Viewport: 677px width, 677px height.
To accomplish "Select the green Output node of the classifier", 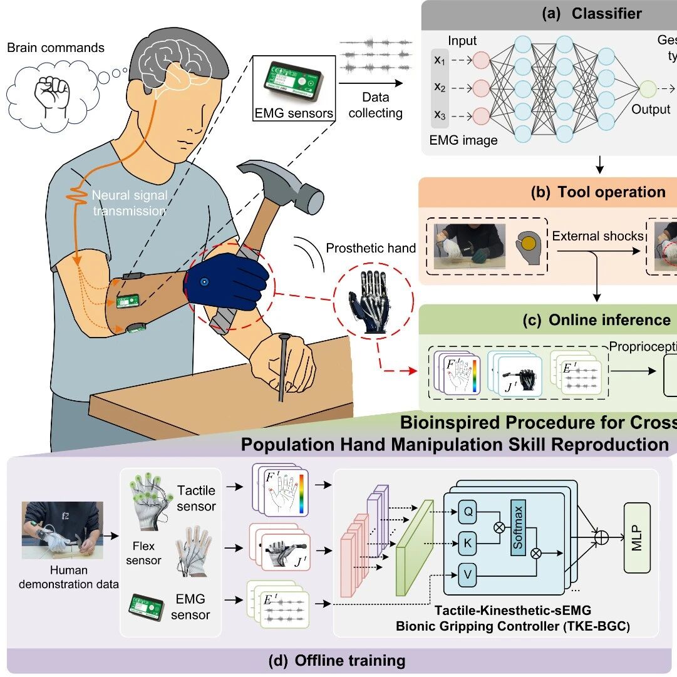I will tap(647, 89).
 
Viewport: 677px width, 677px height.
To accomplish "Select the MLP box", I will tap(637, 538).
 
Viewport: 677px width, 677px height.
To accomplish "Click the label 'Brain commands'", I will tap(56, 48).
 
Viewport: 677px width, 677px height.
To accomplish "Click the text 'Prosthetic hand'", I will tap(371, 248).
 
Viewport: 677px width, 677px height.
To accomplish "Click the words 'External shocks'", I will tap(597, 236).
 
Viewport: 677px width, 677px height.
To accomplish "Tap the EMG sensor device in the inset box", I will tap(293, 81).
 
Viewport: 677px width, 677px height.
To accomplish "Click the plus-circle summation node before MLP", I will tap(600, 537).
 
